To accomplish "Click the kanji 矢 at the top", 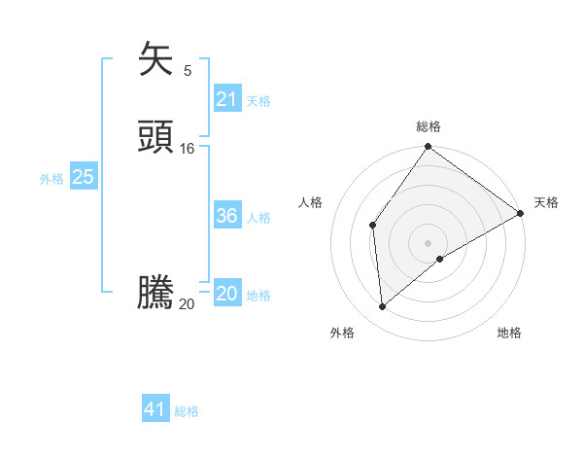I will click(x=156, y=59).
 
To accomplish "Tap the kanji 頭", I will click(x=156, y=137).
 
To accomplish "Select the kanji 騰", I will click(x=156, y=293).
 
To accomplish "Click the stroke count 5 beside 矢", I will click(x=188, y=71).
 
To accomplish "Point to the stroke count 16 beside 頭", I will click(x=188, y=149).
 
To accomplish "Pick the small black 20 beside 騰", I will click(x=188, y=304).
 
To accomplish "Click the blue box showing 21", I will click(x=227, y=99).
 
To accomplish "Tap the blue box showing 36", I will click(x=227, y=216).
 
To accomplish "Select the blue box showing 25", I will click(x=84, y=177).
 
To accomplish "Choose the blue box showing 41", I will click(x=155, y=409).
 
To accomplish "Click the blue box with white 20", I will click(x=227, y=294).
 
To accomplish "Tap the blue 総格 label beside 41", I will click(x=187, y=411).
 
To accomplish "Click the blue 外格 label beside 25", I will click(x=51, y=179).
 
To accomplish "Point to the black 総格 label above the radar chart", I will click(x=429, y=126).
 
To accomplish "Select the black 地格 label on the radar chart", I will click(x=509, y=334).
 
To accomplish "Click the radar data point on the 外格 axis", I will click(x=383, y=307).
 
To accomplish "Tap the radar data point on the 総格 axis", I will click(x=429, y=147).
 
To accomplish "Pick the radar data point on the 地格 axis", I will click(x=440, y=259).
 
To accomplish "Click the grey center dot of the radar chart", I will click(x=429, y=242).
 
